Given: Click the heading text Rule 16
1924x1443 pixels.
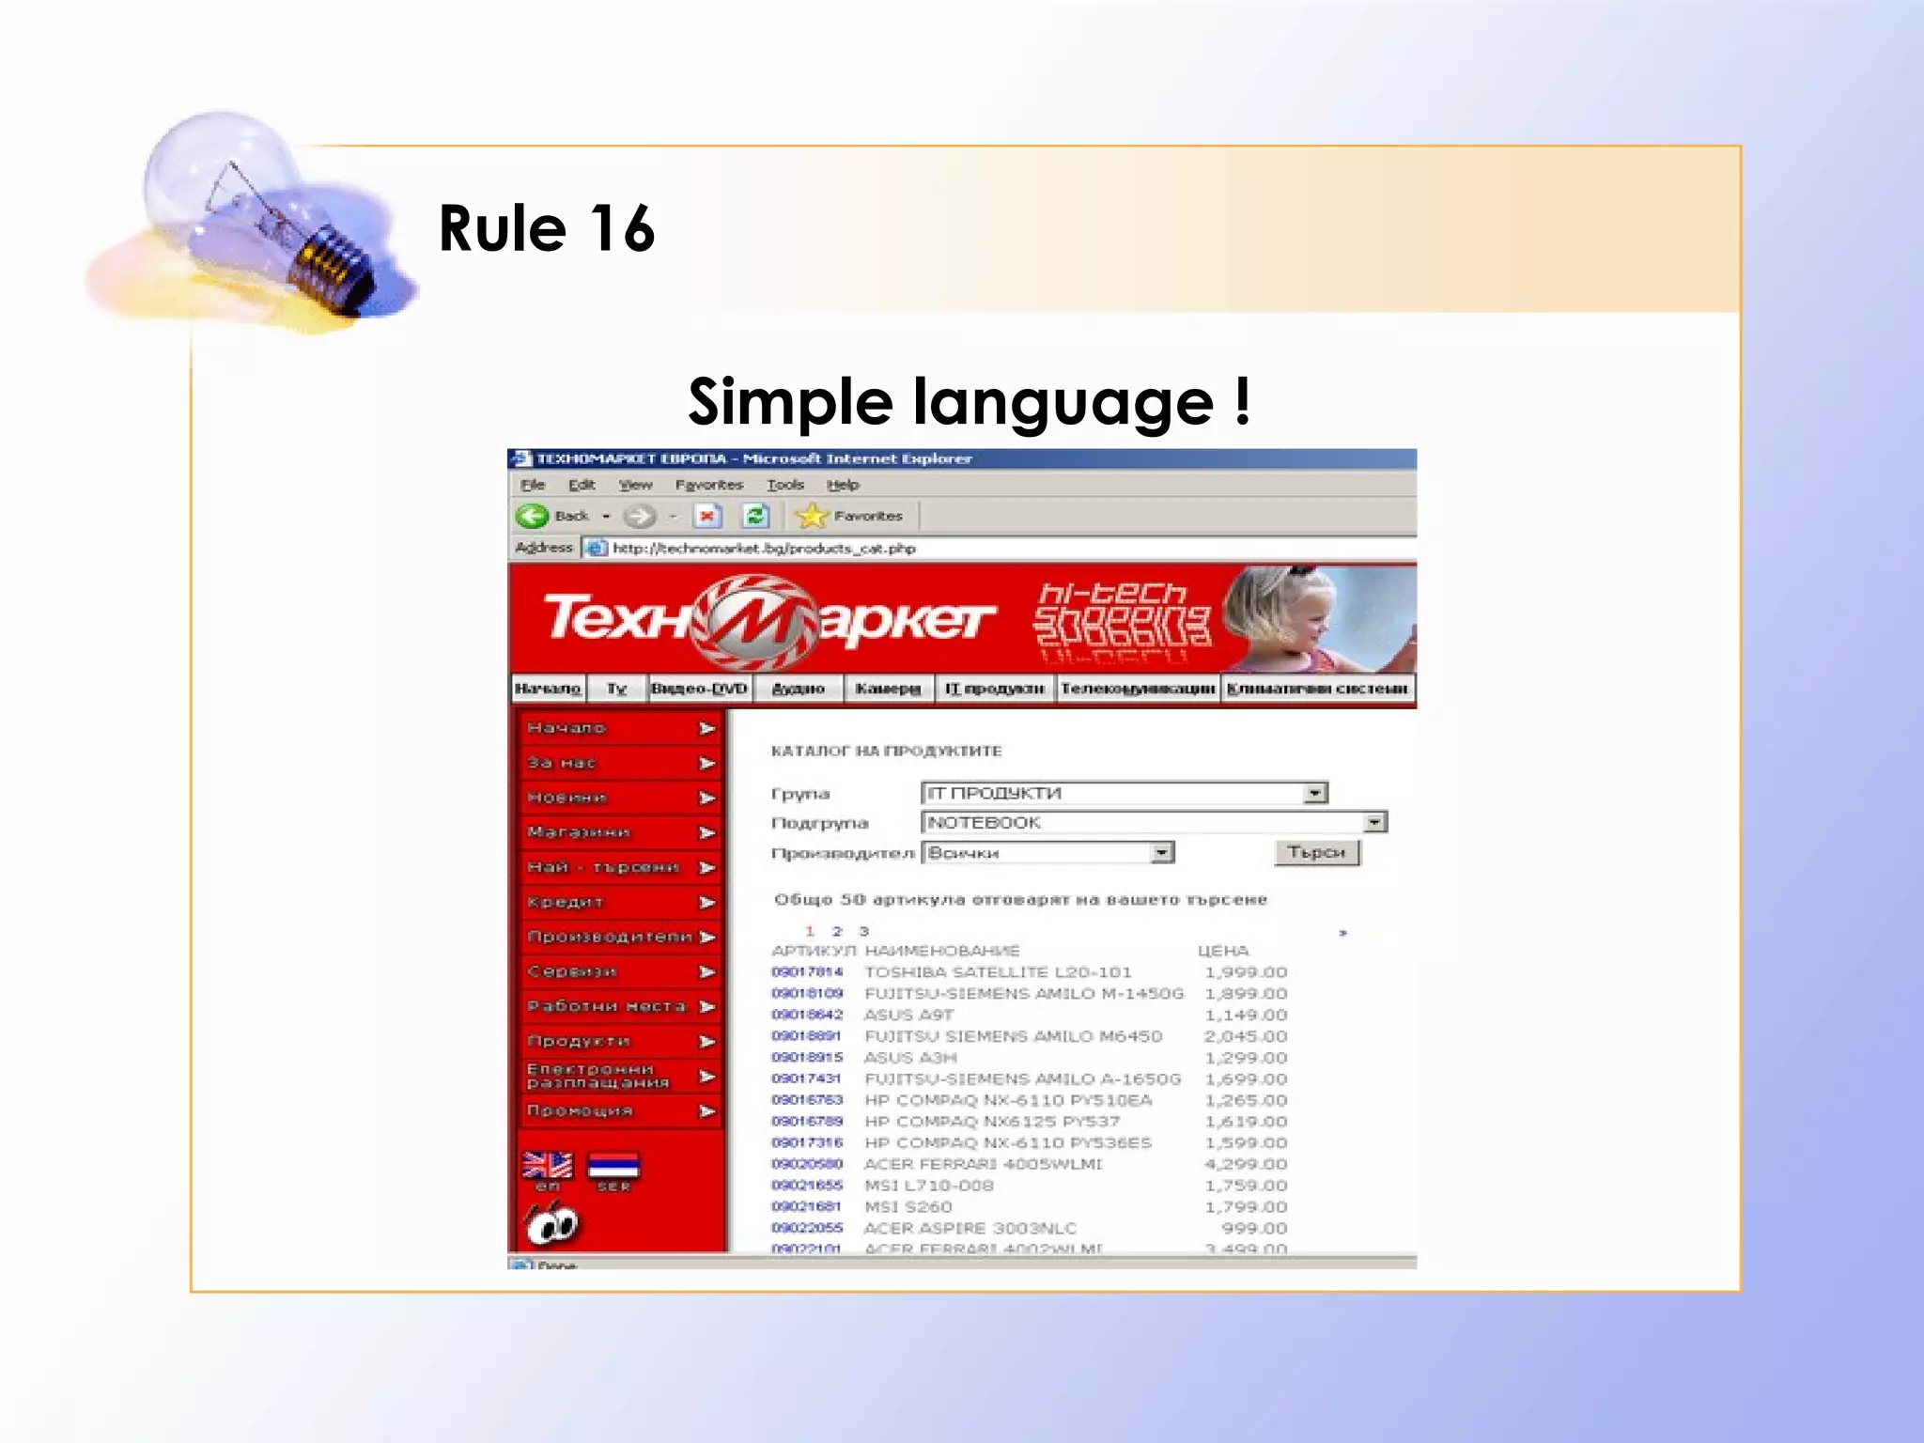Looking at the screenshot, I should [x=546, y=228].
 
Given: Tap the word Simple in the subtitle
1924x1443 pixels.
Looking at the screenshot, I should [x=790, y=402].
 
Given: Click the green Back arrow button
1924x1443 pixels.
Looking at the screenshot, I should [x=533, y=516].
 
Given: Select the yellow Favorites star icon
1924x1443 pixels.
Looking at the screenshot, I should [x=811, y=516].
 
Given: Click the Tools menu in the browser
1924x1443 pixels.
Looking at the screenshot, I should [x=784, y=485].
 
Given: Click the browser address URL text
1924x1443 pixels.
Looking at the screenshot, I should [x=763, y=548].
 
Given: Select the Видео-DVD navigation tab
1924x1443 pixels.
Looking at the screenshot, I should [x=699, y=689].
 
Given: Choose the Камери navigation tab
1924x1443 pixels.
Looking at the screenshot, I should [x=888, y=689].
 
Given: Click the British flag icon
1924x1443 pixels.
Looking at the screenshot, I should [x=547, y=1166].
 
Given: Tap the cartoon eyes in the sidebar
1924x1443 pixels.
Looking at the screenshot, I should [x=552, y=1224].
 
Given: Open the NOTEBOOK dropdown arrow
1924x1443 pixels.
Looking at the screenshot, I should [x=1374, y=822].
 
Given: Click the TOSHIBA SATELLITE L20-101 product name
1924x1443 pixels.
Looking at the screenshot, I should [x=998, y=972].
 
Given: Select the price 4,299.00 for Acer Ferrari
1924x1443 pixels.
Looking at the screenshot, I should [x=1246, y=1164].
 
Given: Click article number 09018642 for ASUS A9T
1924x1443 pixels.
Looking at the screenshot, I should [x=807, y=1015].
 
